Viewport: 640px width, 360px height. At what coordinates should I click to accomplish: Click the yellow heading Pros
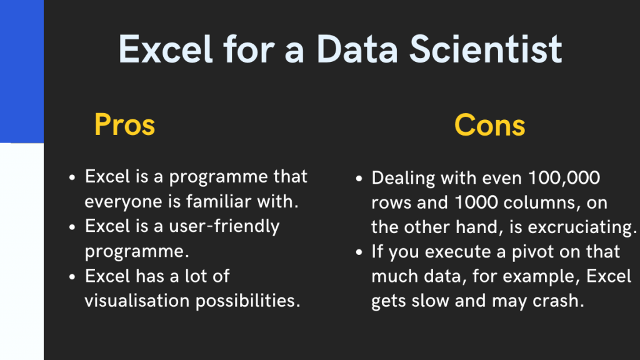point(124,126)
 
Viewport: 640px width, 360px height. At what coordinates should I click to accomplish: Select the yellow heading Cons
point(490,126)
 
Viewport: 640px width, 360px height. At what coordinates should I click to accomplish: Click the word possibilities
point(248,301)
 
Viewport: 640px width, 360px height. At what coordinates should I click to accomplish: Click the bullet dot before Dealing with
point(359,179)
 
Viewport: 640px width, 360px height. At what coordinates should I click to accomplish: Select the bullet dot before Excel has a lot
point(72,276)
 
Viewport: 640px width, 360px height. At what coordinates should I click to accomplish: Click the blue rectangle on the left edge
point(21,71)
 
